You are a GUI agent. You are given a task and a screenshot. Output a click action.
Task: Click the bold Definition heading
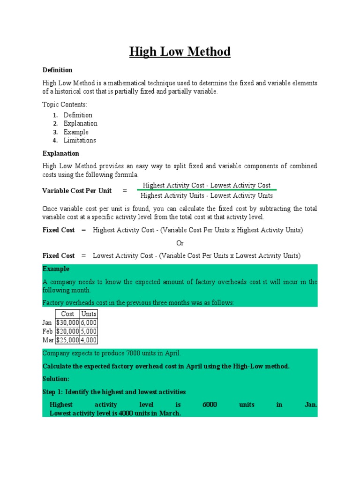tap(57, 70)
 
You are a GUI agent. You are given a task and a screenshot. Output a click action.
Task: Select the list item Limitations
tap(80, 140)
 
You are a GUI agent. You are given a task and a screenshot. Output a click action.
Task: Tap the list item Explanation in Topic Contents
tap(81, 123)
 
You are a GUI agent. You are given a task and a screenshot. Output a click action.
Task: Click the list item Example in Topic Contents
tap(76, 132)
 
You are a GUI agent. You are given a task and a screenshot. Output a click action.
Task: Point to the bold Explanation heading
tap(60, 153)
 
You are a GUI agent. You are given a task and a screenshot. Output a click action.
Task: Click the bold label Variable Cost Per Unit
tap(77, 190)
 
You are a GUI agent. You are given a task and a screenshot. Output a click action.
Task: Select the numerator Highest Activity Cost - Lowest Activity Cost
tap(207, 186)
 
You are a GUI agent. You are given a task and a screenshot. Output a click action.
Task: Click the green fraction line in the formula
tap(207, 190)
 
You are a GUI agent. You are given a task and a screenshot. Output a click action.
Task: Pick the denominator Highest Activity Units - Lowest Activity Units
tap(207, 195)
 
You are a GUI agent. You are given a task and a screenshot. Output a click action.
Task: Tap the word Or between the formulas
tap(180, 243)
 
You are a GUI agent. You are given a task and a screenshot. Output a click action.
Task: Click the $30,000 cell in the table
tap(67, 322)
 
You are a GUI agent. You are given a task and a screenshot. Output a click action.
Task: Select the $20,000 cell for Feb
tap(67, 331)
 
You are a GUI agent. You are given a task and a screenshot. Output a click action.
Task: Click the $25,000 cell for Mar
tap(67, 340)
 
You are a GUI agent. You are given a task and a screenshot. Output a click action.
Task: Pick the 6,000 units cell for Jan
tap(89, 322)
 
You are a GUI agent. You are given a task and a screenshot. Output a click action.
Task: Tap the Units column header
tap(89, 314)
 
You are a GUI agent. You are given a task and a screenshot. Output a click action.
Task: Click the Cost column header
tap(67, 314)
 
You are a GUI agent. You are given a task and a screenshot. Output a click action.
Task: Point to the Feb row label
tap(48, 331)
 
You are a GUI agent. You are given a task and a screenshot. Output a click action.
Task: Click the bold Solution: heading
tap(56, 379)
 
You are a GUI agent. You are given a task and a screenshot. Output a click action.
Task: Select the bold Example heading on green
tap(56, 269)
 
